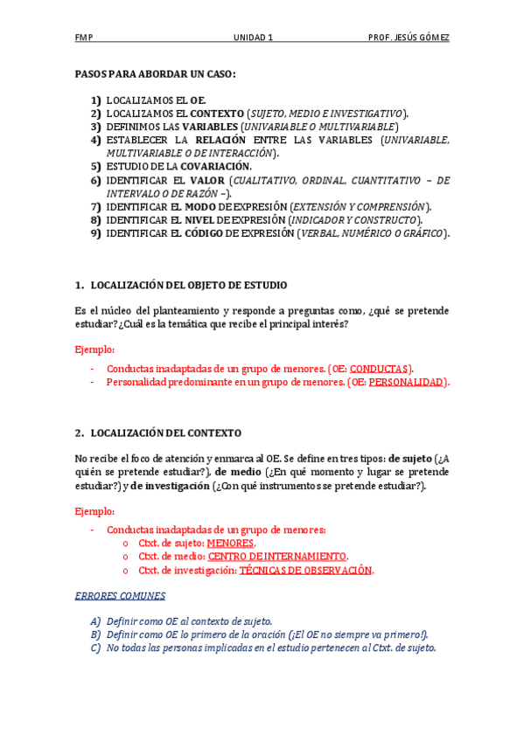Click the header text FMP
pos(84,38)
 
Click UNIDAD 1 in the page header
pos(254,38)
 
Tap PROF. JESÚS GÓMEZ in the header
pos(409,38)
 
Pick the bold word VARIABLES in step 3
pos(208,127)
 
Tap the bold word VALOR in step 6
pos(206,180)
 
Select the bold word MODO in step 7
pos(202,206)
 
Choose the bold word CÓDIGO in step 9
pos(206,233)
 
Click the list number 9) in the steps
pos(95,233)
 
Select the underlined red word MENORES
pos(231,543)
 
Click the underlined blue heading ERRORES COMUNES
pos(120,596)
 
